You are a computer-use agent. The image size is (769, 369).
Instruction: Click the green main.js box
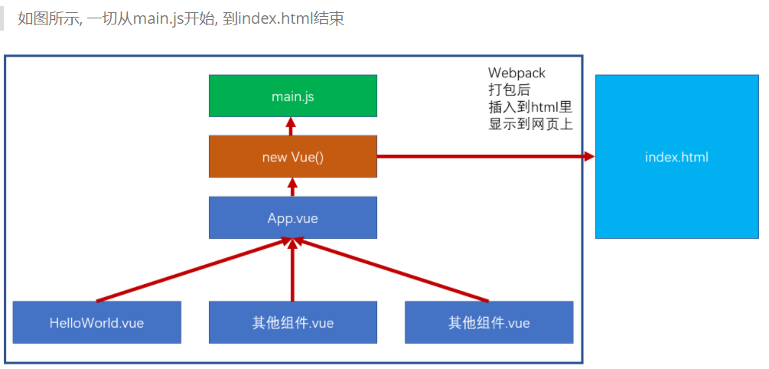click(292, 96)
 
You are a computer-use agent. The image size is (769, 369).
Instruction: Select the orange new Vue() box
click(292, 156)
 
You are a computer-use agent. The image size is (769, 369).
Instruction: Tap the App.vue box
click(292, 217)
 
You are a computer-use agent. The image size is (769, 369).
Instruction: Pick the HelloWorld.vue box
click(96, 322)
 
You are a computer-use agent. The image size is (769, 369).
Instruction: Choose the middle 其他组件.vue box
click(292, 322)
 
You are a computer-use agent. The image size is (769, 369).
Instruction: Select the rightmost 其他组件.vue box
click(488, 322)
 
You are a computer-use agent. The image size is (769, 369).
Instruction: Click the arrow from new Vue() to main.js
click(291, 126)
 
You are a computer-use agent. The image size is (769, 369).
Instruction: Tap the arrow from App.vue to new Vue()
click(291, 187)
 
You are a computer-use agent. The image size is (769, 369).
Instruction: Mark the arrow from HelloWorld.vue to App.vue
click(191, 270)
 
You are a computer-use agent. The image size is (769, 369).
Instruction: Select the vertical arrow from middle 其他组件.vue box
click(292, 269)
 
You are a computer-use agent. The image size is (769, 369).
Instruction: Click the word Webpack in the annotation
click(517, 73)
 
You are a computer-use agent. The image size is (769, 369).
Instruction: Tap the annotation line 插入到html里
click(530, 106)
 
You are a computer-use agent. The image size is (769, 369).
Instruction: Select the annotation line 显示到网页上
click(530, 123)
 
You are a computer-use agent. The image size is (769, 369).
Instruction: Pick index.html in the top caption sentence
click(269, 18)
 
